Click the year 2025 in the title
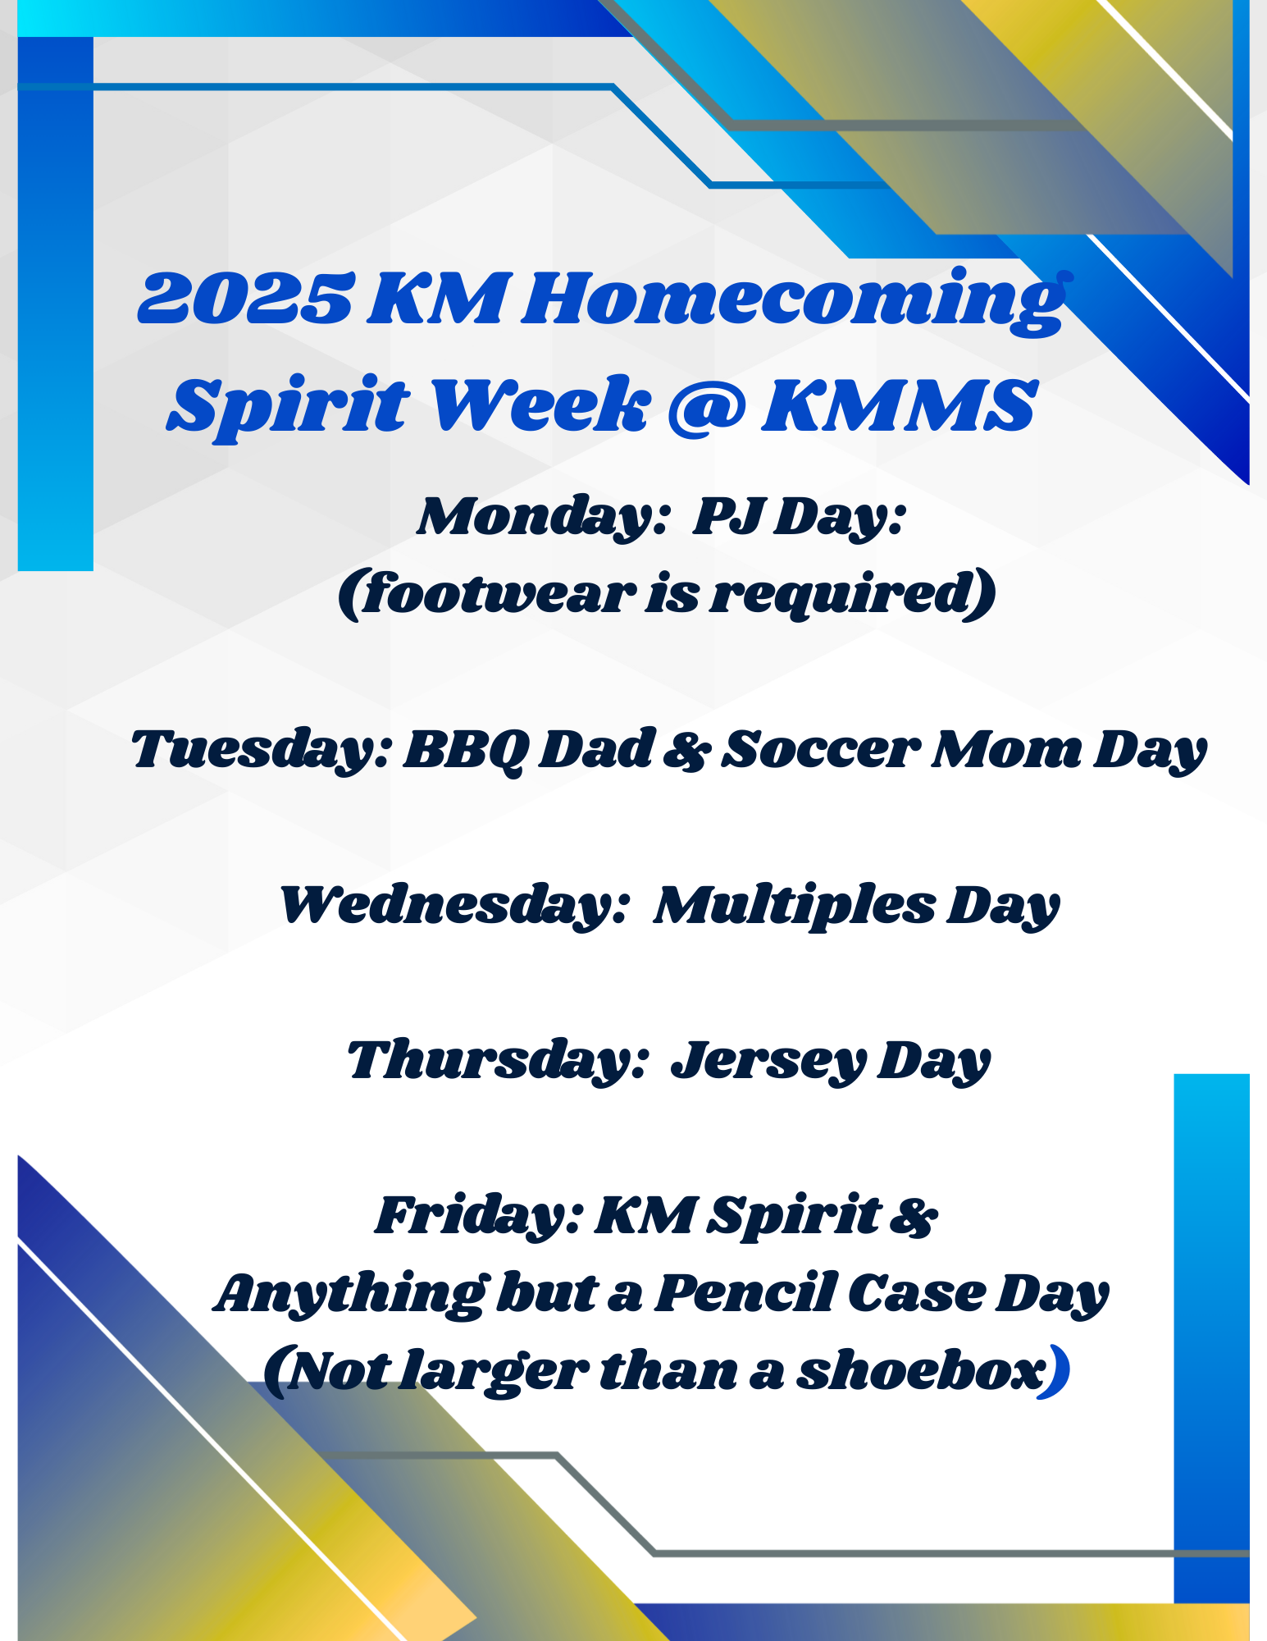[x=247, y=299]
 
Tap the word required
[x=844, y=594]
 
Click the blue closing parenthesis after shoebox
[x=1058, y=1370]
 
